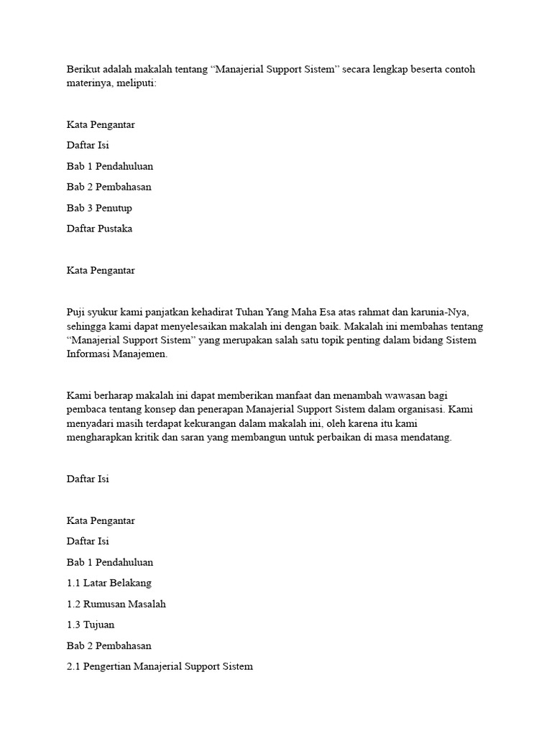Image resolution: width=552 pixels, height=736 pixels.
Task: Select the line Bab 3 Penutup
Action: click(x=99, y=208)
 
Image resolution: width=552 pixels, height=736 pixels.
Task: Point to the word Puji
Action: click(x=76, y=312)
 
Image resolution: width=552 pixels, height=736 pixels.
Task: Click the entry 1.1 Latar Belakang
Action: click(x=109, y=583)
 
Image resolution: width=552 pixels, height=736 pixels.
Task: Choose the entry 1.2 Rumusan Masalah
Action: click(x=116, y=604)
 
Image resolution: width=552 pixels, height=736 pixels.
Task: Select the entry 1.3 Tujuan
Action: click(x=90, y=625)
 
